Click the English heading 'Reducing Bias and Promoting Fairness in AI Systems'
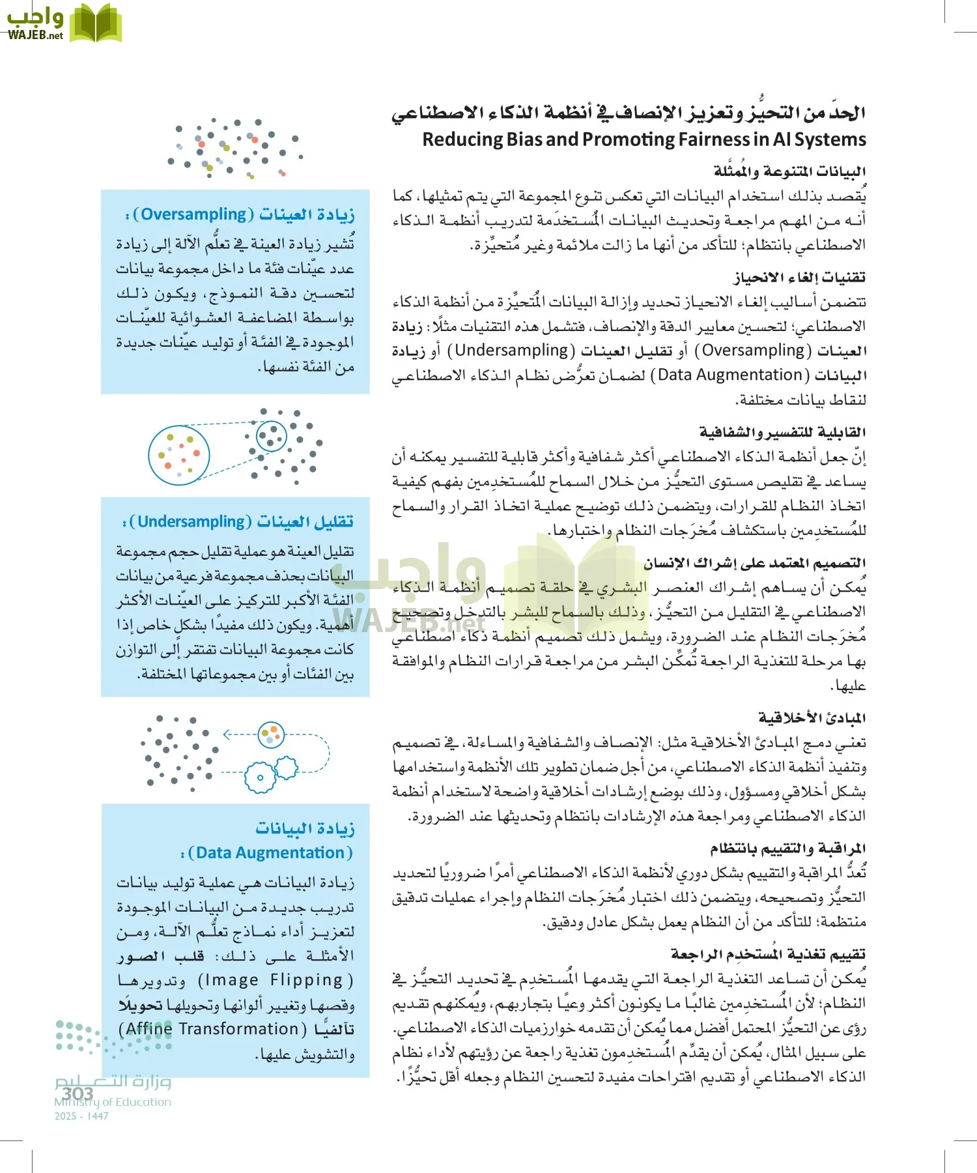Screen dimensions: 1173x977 pyautogui.click(x=644, y=139)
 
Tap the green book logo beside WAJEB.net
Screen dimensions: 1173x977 pyautogui.click(x=96, y=23)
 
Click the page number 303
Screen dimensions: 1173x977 pyautogui.click(x=78, y=1093)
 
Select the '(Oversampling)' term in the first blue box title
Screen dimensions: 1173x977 pyautogui.click(x=193, y=214)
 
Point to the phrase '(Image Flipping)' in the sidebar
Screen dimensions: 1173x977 pyautogui.click(x=276, y=980)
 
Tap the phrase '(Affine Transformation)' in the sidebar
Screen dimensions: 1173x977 pyautogui.click(x=212, y=1029)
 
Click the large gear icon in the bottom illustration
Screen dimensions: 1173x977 pyautogui.click(x=260, y=777)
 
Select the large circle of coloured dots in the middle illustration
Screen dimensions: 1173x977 pyautogui.click(x=179, y=455)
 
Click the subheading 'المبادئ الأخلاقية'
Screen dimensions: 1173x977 pyautogui.click(x=812, y=718)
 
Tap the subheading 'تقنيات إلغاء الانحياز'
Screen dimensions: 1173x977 pyautogui.click(x=800, y=278)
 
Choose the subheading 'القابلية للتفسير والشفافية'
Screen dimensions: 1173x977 pyautogui.click(x=782, y=432)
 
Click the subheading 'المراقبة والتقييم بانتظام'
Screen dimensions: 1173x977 pyautogui.click(x=787, y=848)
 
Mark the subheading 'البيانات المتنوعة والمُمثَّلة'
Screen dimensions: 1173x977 pyautogui.click(x=789, y=171)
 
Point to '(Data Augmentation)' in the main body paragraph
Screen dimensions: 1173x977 pyautogui.click(x=730, y=375)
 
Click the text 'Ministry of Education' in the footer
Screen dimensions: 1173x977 pyautogui.click(x=113, y=1102)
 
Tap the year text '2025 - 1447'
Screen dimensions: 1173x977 pyautogui.click(x=81, y=1116)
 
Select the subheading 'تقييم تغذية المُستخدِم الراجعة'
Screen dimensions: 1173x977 pyautogui.click(x=768, y=954)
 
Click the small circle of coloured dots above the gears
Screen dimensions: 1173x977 pyautogui.click(x=270, y=735)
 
